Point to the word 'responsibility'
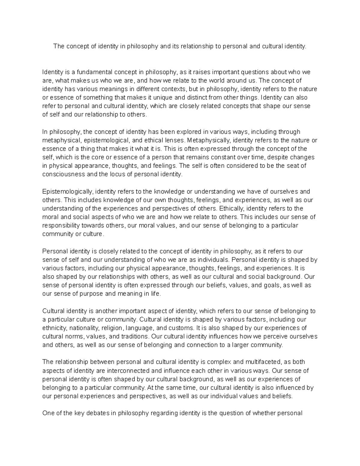point(59,225)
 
